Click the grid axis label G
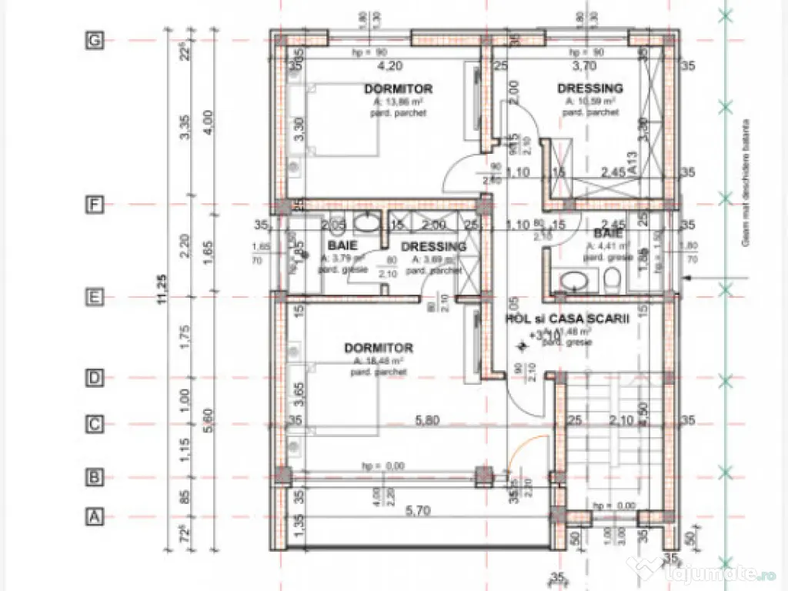[x=94, y=42]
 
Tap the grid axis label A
[x=94, y=516]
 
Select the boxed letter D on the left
[x=94, y=378]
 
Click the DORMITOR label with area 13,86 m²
[x=398, y=89]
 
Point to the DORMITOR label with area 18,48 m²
[x=378, y=348]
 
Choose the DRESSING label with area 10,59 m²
[x=590, y=88]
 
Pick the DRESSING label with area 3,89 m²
[x=433, y=247]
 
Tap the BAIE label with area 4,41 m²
[x=607, y=233]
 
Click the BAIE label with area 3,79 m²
[x=342, y=245]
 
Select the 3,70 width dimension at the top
[x=585, y=66]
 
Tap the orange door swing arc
[x=532, y=446]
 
